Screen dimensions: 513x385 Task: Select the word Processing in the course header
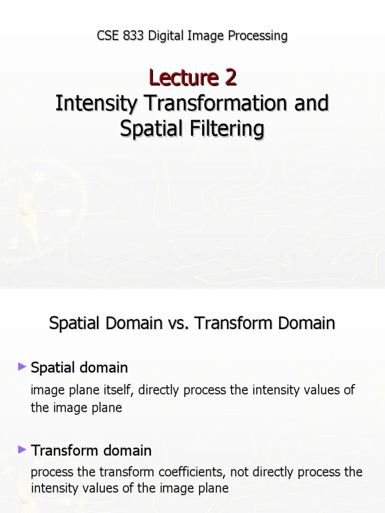(256, 36)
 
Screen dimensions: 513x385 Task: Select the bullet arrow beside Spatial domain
(22, 367)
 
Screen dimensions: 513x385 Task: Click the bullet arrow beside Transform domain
(22, 450)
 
